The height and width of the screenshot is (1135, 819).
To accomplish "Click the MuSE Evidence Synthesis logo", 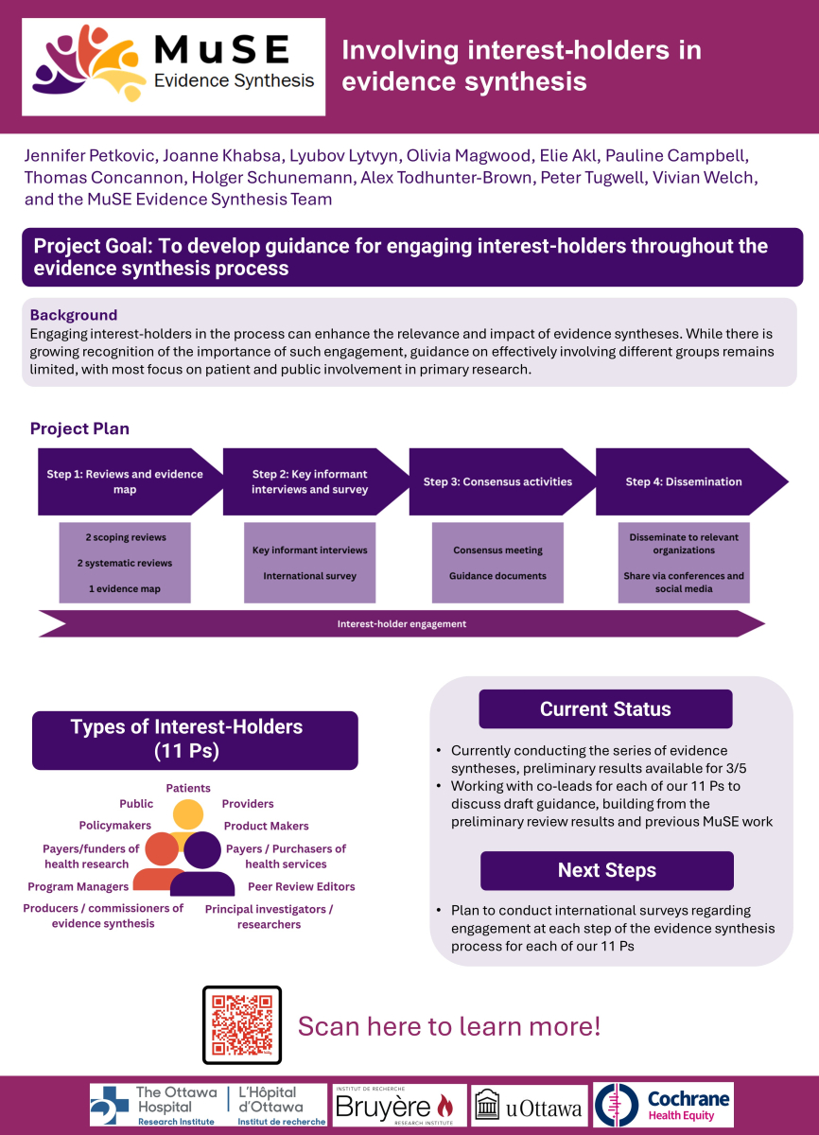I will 173,67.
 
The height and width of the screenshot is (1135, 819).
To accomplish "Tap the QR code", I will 242,1025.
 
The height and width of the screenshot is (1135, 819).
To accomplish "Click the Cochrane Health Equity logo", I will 664,1105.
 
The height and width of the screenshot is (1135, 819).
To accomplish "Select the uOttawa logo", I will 528,1105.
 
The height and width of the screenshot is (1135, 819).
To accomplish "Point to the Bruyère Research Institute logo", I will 399,1105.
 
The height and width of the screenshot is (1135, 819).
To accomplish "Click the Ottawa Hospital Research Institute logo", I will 208,1105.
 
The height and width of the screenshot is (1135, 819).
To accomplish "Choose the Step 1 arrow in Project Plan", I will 127,481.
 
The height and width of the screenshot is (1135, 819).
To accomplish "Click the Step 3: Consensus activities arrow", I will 498,481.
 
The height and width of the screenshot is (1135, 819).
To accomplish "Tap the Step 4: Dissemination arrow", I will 685,481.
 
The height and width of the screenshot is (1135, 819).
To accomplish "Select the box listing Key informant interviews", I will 310,563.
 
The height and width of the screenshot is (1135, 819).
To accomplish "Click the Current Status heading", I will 605,709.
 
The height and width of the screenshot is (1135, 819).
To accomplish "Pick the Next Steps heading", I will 606,870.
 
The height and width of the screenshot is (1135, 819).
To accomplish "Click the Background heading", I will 74,315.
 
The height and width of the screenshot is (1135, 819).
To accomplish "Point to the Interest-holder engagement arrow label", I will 402,624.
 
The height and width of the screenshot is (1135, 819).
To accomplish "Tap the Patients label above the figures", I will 188,788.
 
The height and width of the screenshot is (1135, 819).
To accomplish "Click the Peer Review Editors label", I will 302,887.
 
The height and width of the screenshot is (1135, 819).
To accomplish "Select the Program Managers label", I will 78,887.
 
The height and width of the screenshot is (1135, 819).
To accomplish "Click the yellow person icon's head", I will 187,813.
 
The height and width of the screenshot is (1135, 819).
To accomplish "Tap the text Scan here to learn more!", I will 449,1026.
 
